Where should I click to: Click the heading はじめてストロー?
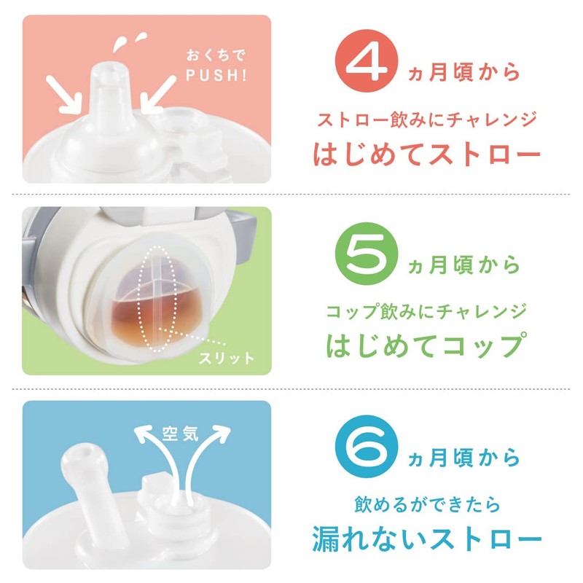point(427,154)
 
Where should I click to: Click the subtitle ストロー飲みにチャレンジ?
point(427,119)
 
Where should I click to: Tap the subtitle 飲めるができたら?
point(428,504)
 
